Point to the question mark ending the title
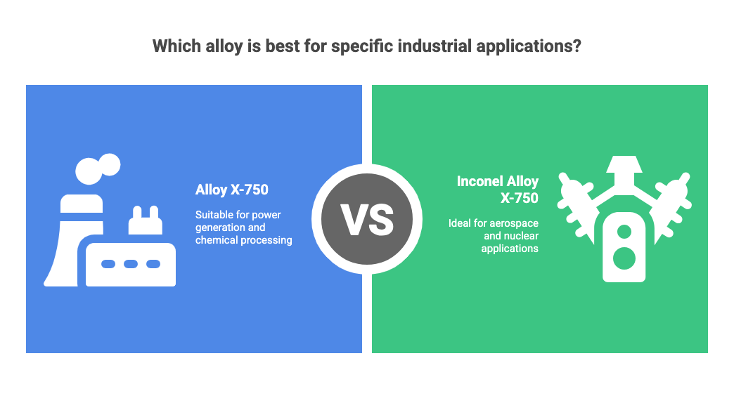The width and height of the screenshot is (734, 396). [x=576, y=47]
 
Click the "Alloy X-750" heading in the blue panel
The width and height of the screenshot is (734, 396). [x=232, y=190]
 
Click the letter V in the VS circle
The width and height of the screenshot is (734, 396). [x=354, y=219]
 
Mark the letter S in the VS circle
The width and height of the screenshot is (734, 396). [x=380, y=219]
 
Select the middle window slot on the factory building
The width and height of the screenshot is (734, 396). [x=130, y=264]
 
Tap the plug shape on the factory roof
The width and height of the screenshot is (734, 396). [x=146, y=221]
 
